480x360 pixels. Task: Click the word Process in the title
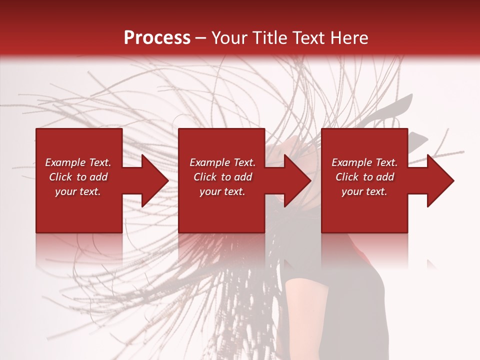(x=157, y=38)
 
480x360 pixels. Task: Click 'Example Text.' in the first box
(x=78, y=162)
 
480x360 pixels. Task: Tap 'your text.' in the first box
(x=78, y=191)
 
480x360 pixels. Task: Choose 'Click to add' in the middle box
(x=222, y=177)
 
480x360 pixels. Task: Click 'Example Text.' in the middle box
(x=222, y=162)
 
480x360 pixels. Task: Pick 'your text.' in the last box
(x=364, y=191)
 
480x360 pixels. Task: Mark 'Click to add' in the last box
(x=364, y=177)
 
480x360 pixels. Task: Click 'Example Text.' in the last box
(x=364, y=162)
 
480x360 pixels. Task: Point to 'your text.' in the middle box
(x=222, y=191)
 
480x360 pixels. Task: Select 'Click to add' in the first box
(x=78, y=177)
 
